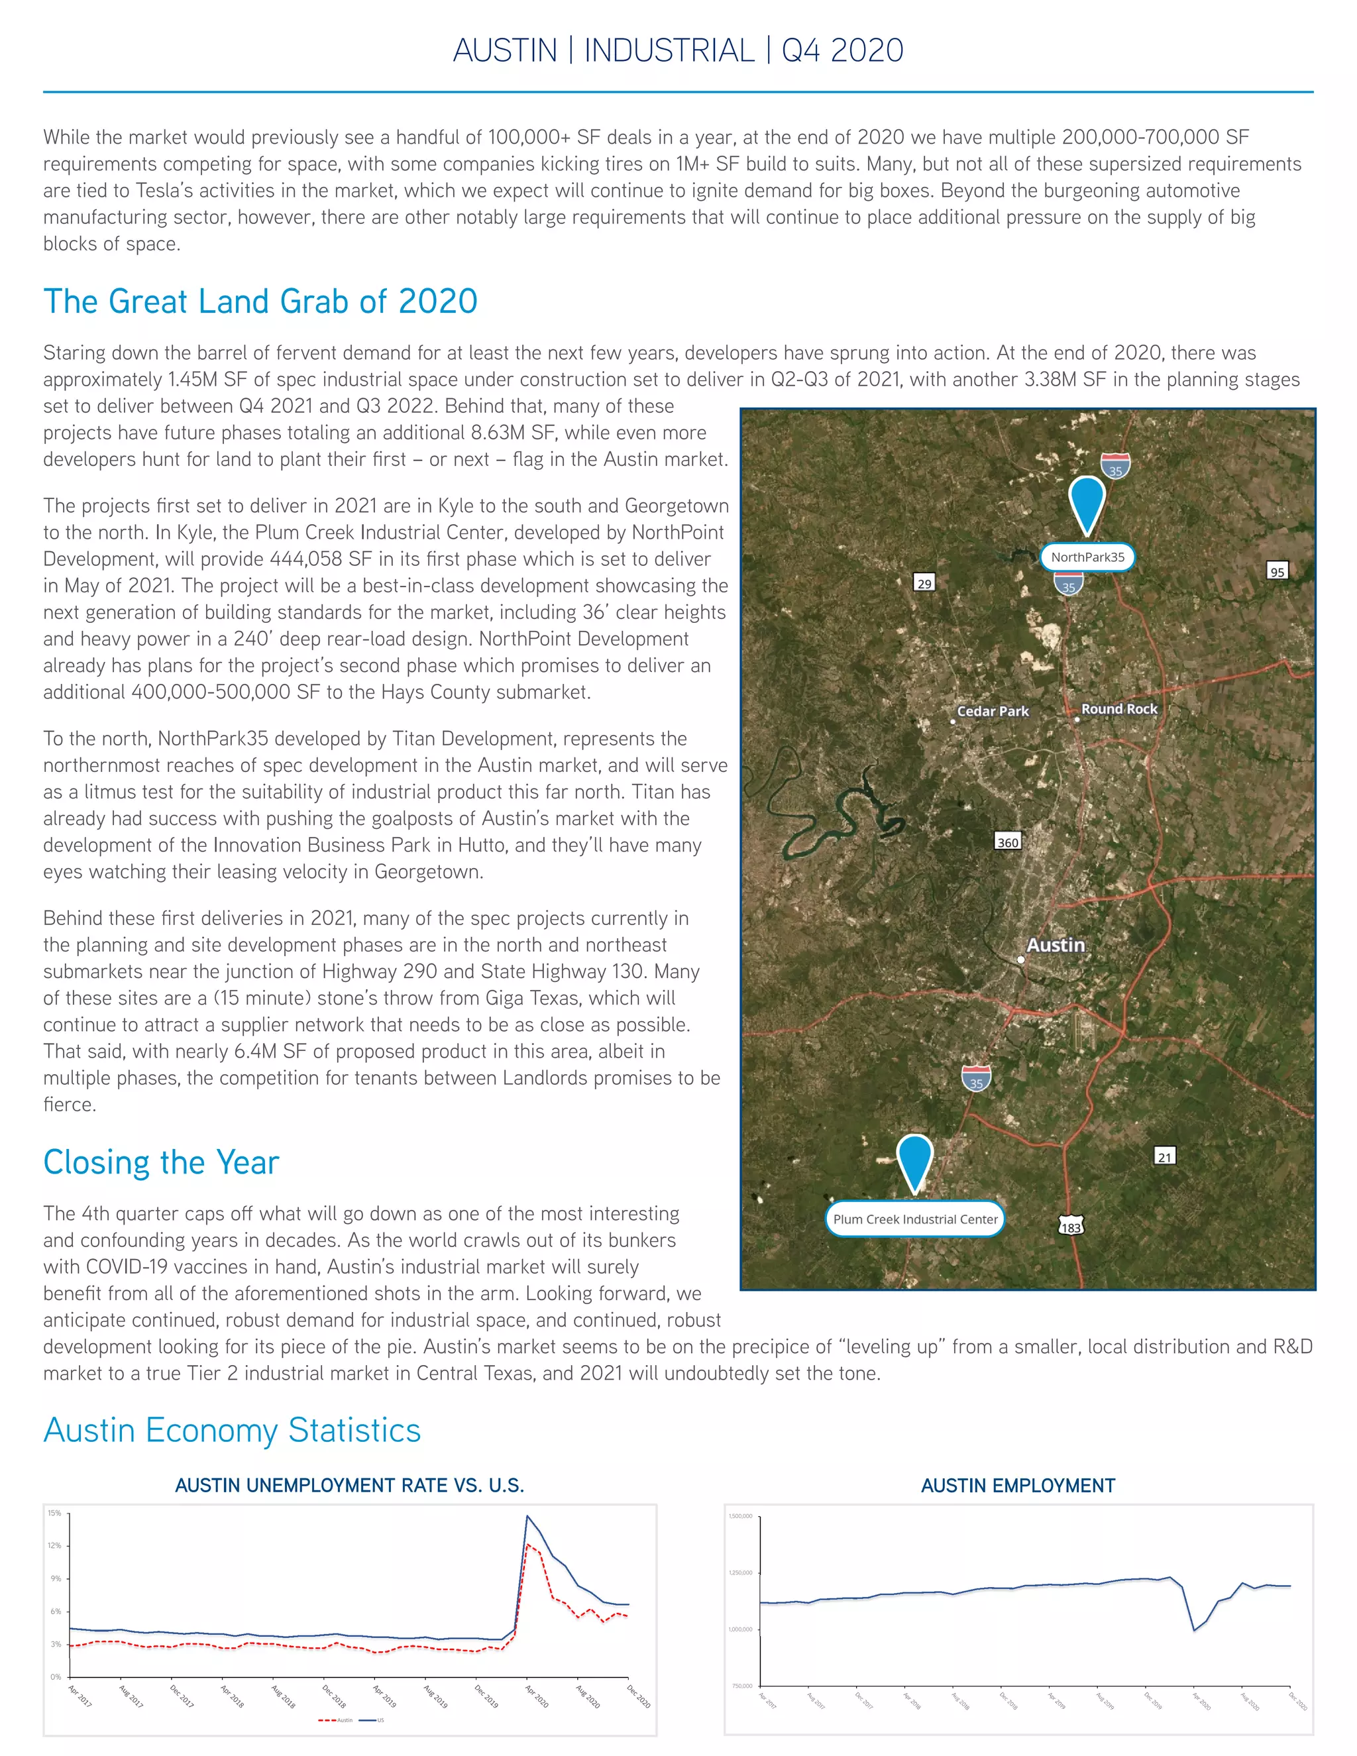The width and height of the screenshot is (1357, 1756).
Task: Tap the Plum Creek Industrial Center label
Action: pyautogui.click(x=915, y=1219)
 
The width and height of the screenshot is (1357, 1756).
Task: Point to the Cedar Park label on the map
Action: pyautogui.click(x=993, y=711)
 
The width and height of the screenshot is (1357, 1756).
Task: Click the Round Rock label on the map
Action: pyautogui.click(x=1119, y=709)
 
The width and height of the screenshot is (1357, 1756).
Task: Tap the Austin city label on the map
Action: pyautogui.click(x=1056, y=945)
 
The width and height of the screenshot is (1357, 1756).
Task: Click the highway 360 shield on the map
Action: pyautogui.click(x=1007, y=842)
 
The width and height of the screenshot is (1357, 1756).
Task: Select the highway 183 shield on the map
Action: pyautogui.click(x=1071, y=1227)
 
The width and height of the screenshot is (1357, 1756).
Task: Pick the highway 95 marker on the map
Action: pyautogui.click(x=1277, y=572)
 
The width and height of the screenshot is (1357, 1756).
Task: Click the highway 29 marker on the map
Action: pyautogui.click(x=924, y=583)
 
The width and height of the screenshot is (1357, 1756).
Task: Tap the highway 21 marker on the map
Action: pyautogui.click(x=1165, y=1157)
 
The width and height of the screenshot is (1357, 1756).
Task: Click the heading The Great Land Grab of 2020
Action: pyautogui.click(x=260, y=302)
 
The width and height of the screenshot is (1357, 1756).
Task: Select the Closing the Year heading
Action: pyautogui.click(x=161, y=1163)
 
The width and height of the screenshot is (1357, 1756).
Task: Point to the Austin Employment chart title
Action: pyautogui.click(x=1018, y=1486)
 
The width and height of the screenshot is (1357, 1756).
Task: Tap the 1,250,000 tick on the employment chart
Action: pyautogui.click(x=740, y=1572)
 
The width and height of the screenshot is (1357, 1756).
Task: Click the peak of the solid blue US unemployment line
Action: pyautogui.click(x=527, y=1516)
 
